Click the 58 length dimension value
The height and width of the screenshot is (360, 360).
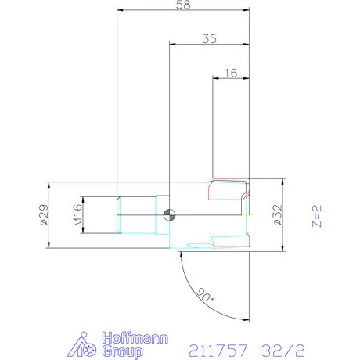click(183, 5)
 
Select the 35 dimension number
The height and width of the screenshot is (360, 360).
click(210, 39)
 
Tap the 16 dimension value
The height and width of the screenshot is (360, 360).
click(231, 73)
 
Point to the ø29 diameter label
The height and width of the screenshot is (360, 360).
click(45, 214)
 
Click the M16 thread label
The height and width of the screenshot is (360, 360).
click(77, 215)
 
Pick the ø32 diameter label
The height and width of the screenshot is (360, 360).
click(277, 214)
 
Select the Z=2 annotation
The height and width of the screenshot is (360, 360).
click(317, 216)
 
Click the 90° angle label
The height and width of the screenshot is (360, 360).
click(205, 295)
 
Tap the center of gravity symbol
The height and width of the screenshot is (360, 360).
click(169, 215)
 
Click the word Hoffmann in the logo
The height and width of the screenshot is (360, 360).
click(135, 338)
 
